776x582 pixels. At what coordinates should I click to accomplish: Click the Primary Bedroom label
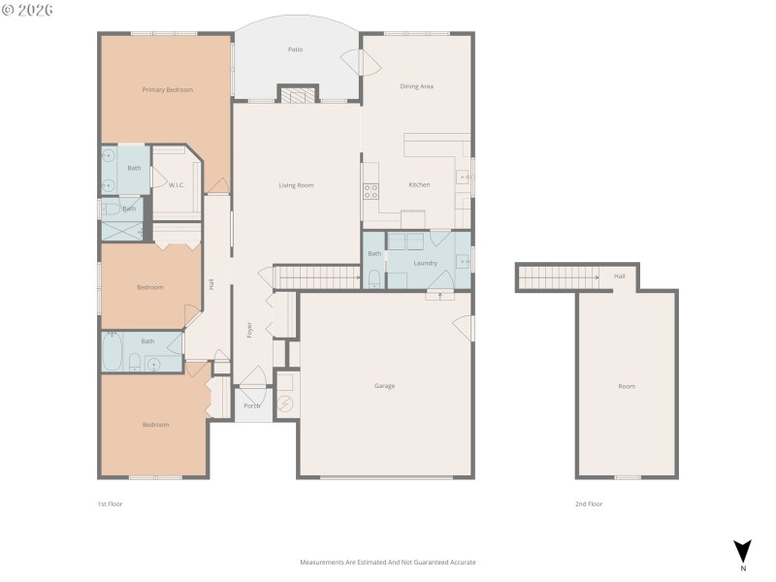tap(168, 90)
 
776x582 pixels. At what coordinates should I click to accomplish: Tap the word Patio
tap(295, 49)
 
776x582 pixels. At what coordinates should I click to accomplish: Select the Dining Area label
tap(417, 86)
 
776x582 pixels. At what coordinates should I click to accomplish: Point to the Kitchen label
tap(419, 184)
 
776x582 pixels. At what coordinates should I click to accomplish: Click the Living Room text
tap(296, 185)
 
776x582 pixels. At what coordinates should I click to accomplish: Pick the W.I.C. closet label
tap(177, 185)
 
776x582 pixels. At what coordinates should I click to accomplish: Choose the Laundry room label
tap(425, 263)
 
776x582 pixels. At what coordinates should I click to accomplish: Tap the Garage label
tap(384, 386)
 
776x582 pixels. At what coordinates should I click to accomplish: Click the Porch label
tap(252, 405)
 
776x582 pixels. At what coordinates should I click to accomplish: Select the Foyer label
tap(249, 329)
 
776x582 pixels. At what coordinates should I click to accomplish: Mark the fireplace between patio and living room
tap(297, 94)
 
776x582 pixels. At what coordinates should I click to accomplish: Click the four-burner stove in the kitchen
tap(371, 190)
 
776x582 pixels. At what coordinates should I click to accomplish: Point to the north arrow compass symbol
tap(742, 550)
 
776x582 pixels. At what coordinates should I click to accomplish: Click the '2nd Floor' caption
tap(589, 504)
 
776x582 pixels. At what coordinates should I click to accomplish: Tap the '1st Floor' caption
tap(110, 504)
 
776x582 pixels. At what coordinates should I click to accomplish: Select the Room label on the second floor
tap(627, 386)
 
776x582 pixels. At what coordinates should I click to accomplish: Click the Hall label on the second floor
tap(620, 276)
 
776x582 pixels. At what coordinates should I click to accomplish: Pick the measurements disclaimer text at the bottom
tap(388, 563)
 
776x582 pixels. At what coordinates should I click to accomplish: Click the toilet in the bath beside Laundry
tap(373, 278)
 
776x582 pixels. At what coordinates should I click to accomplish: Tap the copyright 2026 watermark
tap(28, 11)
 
